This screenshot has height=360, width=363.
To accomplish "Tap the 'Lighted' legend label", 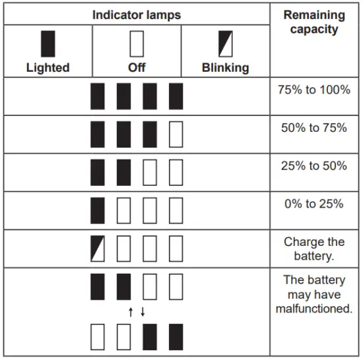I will tap(48, 67).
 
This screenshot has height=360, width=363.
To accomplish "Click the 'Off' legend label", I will tap(137, 67).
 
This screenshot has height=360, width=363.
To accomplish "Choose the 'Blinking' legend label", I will tap(225, 67).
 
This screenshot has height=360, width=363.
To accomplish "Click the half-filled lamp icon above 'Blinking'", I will tap(225, 44).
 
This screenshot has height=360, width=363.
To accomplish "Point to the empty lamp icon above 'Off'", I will tap(137, 44).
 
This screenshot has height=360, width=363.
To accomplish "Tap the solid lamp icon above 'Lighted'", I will tap(48, 44).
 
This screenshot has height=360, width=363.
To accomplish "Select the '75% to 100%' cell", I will tap(313, 90).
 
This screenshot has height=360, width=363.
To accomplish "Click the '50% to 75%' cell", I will tap(313, 128).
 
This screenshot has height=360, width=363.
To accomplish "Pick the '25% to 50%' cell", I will tap(313, 166).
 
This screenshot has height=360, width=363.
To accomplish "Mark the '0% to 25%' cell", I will tap(313, 204).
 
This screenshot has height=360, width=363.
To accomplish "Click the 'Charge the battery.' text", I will tap(313, 249).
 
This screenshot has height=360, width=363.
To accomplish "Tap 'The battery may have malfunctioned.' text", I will tap(313, 293).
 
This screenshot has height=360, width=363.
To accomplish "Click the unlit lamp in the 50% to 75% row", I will tap(176, 135).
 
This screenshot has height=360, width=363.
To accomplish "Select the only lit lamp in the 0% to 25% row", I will tap(98, 211).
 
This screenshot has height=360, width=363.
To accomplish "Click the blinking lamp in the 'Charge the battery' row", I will tap(98, 249).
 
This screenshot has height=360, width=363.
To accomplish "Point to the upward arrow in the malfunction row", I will tap(131, 311).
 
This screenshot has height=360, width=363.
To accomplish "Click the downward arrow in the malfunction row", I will tap(143, 311).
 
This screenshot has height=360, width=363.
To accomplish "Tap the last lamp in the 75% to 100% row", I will tap(176, 96).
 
